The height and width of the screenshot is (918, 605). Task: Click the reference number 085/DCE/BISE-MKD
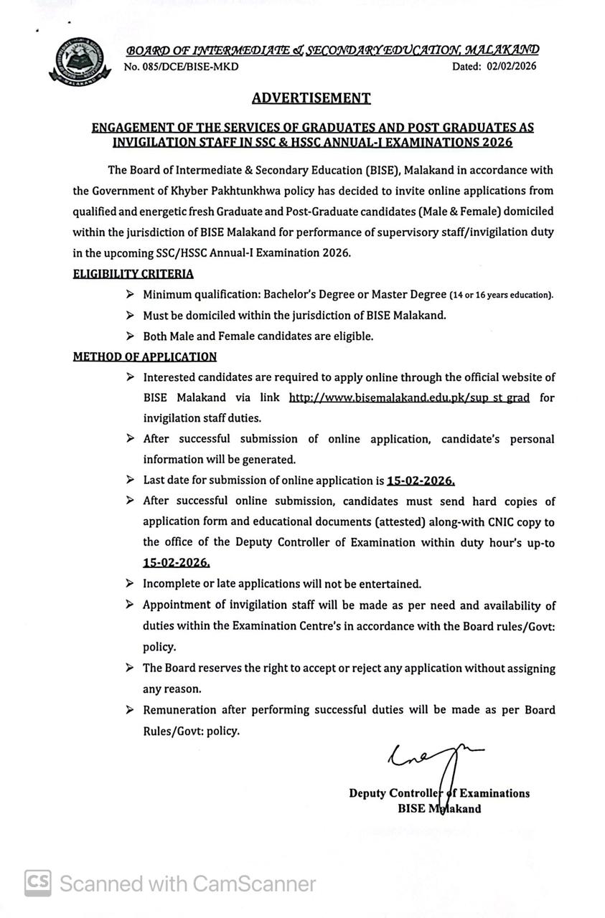pos(182,67)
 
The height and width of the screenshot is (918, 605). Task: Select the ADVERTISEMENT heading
pos(311,98)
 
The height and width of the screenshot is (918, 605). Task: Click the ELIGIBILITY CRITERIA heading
pos(133,273)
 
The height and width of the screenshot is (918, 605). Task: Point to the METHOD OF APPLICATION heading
pos(145,356)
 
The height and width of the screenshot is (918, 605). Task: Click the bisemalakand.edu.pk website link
pos(409,397)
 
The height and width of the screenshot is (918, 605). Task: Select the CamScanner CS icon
pos(38,884)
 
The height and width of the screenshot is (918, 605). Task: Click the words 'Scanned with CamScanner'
pos(188,884)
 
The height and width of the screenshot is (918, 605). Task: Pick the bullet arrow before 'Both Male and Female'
pos(129,336)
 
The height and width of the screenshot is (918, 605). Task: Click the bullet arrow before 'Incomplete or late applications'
pos(129,585)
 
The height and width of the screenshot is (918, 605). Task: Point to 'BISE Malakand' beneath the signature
pos(440,809)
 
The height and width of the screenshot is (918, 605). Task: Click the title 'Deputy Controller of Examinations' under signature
pos(439,793)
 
